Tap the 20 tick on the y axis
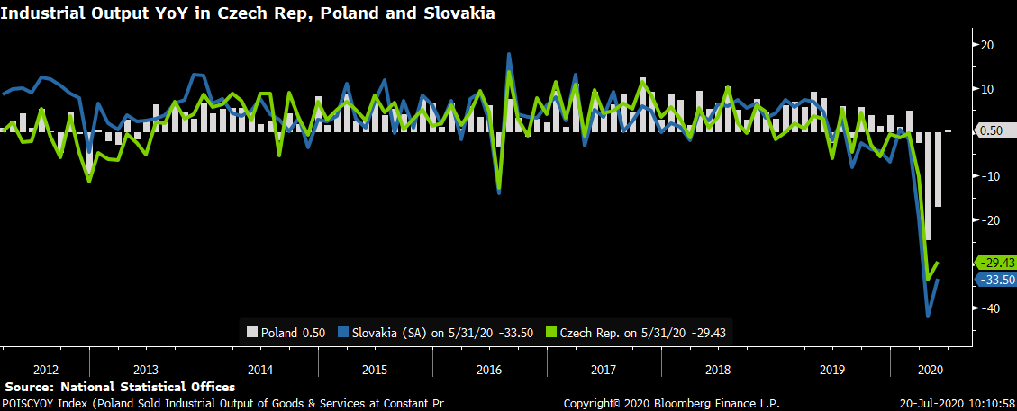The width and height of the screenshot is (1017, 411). (986, 45)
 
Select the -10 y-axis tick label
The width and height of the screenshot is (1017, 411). (986, 176)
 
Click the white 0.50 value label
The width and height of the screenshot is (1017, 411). (991, 131)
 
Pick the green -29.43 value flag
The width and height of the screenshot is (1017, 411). (995, 263)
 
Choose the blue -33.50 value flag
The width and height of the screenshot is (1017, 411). (995, 280)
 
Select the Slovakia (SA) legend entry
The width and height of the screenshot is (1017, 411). (436, 333)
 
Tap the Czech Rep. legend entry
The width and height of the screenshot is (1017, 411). (636, 333)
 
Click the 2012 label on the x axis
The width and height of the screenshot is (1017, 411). (45, 370)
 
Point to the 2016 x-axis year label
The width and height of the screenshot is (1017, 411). (489, 370)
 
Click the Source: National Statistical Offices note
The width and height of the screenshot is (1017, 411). (120, 387)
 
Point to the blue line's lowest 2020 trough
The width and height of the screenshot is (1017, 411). (928, 316)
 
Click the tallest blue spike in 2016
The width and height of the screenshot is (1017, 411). (508, 54)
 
